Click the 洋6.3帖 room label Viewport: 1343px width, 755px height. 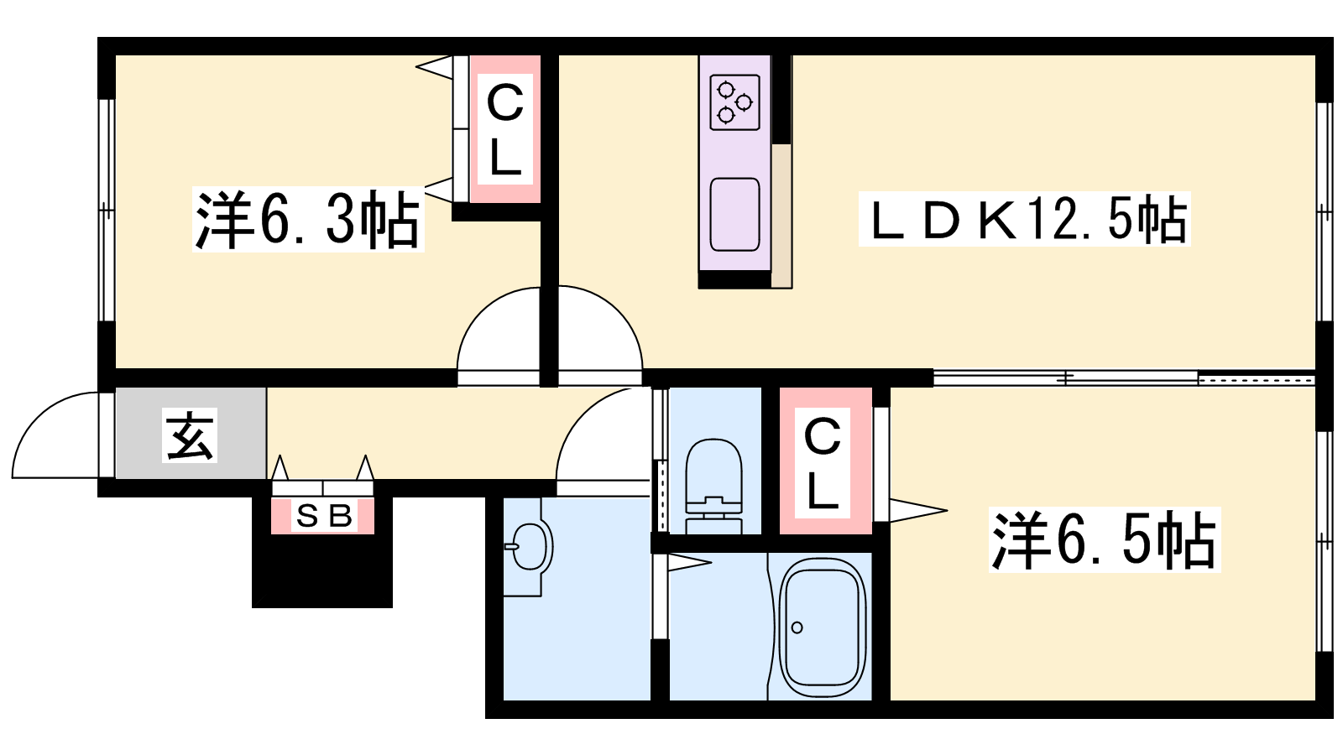coord(307,219)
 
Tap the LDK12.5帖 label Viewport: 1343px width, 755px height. coord(1024,219)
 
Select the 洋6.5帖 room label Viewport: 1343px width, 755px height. coord(1105,539)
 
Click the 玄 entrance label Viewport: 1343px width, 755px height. coord(190,435)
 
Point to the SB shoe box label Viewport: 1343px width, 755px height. coord(324,516)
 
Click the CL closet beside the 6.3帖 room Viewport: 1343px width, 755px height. coord(505,129)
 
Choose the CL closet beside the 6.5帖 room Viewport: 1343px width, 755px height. coord(825,461)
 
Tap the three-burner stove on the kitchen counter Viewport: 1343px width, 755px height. coord(734,102)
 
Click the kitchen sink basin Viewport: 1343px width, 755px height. coord(734,214)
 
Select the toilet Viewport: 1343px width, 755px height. coord(713,486)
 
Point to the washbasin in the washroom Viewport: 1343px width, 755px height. coord(530,546)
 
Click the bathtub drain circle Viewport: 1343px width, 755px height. coord(797,628)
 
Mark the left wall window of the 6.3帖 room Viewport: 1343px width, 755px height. coord(106,210)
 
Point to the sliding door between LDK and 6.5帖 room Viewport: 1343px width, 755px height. coord(1124,378)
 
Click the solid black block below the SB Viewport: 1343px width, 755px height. coord(322,570)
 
